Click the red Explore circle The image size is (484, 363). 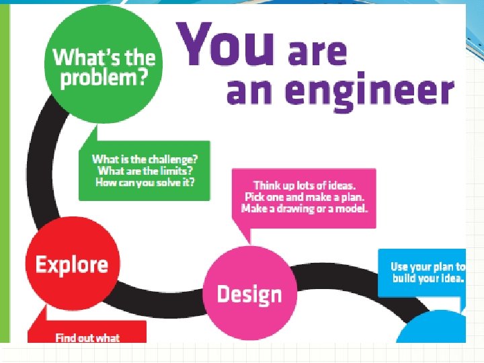pyautogui.click(x=72, y=264)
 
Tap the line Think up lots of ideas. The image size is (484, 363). pyautogui.click(x=305, y=185)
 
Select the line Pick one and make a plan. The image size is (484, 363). pyautogui.click(x=305, y=196)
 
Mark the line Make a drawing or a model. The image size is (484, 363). pyautogui.click(x=305, y=208)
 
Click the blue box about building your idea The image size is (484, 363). pyautogui.click(x=422, y=273)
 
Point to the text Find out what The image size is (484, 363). pyautogui.click(x=87, y=337)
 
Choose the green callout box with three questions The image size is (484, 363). pyautogui.click(x=145, y=171)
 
